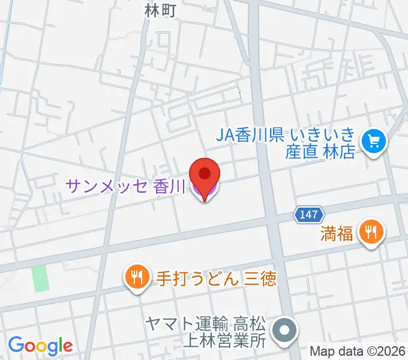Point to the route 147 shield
click(309, 214)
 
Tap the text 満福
click(337, 233)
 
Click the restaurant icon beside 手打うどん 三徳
click(137, 277)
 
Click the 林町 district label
click(161, 10)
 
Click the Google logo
click(40, 345)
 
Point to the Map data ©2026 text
click(358, 351)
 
